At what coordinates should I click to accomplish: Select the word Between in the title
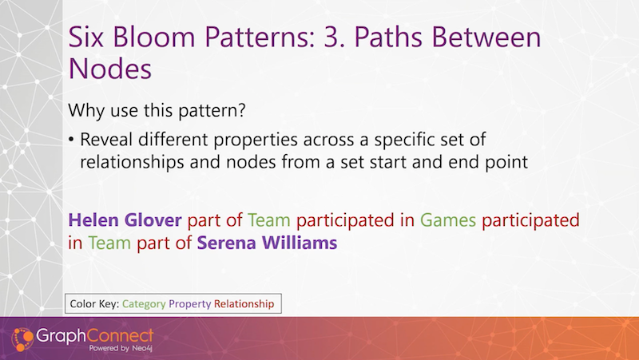click(486, 37)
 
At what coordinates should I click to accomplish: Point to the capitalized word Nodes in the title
click(110, 68)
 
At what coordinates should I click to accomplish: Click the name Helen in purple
click(94, 220)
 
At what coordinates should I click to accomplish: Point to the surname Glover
click(153, 220)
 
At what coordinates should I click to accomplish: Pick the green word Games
click(448, 220)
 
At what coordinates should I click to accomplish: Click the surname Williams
click(300, 243)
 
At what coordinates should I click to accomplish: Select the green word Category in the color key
click(144, 304)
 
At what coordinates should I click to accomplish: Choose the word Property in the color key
click(190, 304)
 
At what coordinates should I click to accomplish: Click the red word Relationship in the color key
click(244, 304)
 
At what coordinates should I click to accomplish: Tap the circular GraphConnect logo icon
click(22, 338)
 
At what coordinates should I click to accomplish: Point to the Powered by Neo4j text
click(121, 348)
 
